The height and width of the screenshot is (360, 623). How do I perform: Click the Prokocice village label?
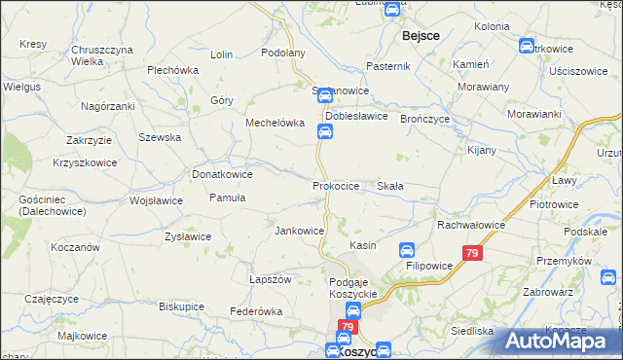336,185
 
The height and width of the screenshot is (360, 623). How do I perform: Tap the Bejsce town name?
421,35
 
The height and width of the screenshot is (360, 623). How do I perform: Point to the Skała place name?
390,185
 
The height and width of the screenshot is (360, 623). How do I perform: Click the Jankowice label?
299,231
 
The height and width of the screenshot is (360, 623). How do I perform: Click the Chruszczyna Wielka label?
101,54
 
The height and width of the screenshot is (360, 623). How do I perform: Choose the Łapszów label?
271,279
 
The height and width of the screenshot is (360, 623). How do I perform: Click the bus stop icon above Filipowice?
408,249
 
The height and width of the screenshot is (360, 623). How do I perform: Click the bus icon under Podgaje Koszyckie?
354,310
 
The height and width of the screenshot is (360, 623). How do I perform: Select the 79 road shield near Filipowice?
472,253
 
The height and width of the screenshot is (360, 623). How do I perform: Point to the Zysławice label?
188,236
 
